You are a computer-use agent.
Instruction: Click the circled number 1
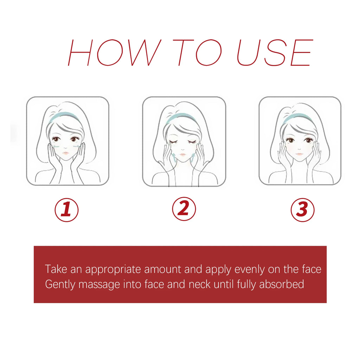(x=66, y=210)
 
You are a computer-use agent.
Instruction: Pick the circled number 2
(x=184, y=210)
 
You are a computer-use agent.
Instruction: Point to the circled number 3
(x=302, y=210)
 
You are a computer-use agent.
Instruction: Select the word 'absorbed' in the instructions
(x=281, y=284)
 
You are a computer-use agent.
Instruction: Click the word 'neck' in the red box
(x=200, y=284)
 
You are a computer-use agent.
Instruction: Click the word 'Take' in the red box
(x=56, y=270)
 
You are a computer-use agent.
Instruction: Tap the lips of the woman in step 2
(x=182, y=155)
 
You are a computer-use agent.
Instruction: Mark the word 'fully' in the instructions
(x=246, y=284)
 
